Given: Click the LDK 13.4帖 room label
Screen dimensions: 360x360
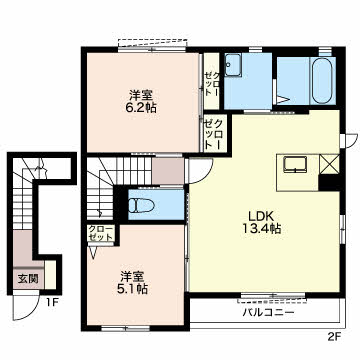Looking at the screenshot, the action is tap(263, 222).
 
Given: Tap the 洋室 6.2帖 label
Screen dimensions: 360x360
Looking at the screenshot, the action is tap(141, 101).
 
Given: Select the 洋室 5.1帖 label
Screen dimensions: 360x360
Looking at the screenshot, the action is tap(132, 282).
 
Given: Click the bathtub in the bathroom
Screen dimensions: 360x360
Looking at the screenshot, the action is tap(322, 81).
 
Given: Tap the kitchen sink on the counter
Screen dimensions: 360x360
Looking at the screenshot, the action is tap(295, 165).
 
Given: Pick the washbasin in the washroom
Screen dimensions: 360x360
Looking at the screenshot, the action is tap(233, 65).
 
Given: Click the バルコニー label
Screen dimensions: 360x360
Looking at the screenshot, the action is tap(268, 312).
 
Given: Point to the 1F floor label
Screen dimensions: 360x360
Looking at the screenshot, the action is tap(52, 303).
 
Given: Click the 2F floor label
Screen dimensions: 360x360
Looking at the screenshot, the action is tap(333, 336).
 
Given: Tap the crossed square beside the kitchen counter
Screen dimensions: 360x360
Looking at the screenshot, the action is tap(330, 164).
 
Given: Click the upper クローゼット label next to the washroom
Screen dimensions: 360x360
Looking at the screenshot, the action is tap(212, 81).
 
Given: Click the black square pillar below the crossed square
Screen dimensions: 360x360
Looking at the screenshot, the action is tap(329, 182).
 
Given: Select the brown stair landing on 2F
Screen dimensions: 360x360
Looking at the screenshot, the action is tap(168, 171).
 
